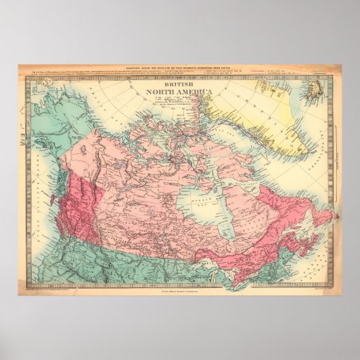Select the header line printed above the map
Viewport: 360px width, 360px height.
point(179,69)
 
